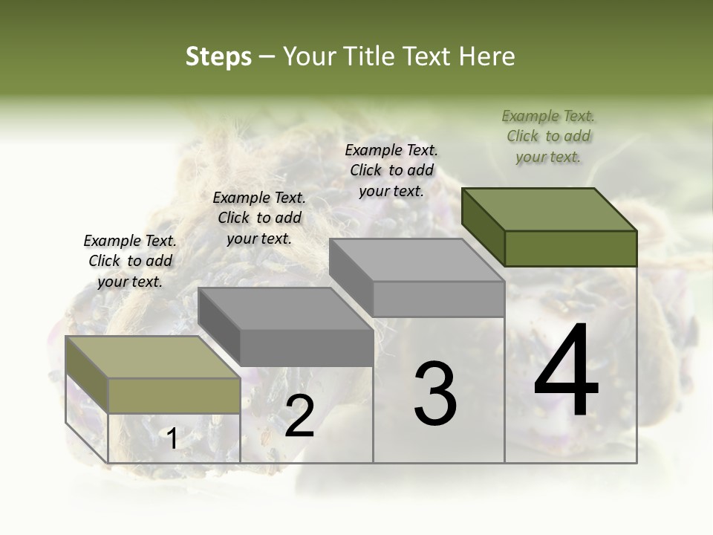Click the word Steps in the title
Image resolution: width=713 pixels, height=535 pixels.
[218, 56]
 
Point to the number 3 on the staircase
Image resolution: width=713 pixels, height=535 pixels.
[434, 394]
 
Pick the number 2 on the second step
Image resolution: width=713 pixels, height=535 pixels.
[299, 416]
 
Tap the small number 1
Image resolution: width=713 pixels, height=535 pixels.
[172, 439]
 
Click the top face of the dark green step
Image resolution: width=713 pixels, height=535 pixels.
[549, 210]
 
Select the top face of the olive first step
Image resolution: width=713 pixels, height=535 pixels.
[152, 357]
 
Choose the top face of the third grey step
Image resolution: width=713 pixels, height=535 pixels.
[417, 260]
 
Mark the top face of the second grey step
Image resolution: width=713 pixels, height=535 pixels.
[285, 308]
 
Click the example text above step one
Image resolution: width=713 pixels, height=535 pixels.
[130, 262]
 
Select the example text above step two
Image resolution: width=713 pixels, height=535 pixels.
[259, 218]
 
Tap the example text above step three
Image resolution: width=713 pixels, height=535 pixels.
[391, 170]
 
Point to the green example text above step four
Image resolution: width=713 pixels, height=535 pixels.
[548, 137]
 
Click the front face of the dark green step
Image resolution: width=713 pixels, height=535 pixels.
[570, 248]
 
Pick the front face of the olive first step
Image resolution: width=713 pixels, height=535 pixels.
[174, 395]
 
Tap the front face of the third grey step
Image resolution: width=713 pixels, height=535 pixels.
[438, 299]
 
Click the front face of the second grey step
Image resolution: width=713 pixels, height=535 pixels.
[306, 348]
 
